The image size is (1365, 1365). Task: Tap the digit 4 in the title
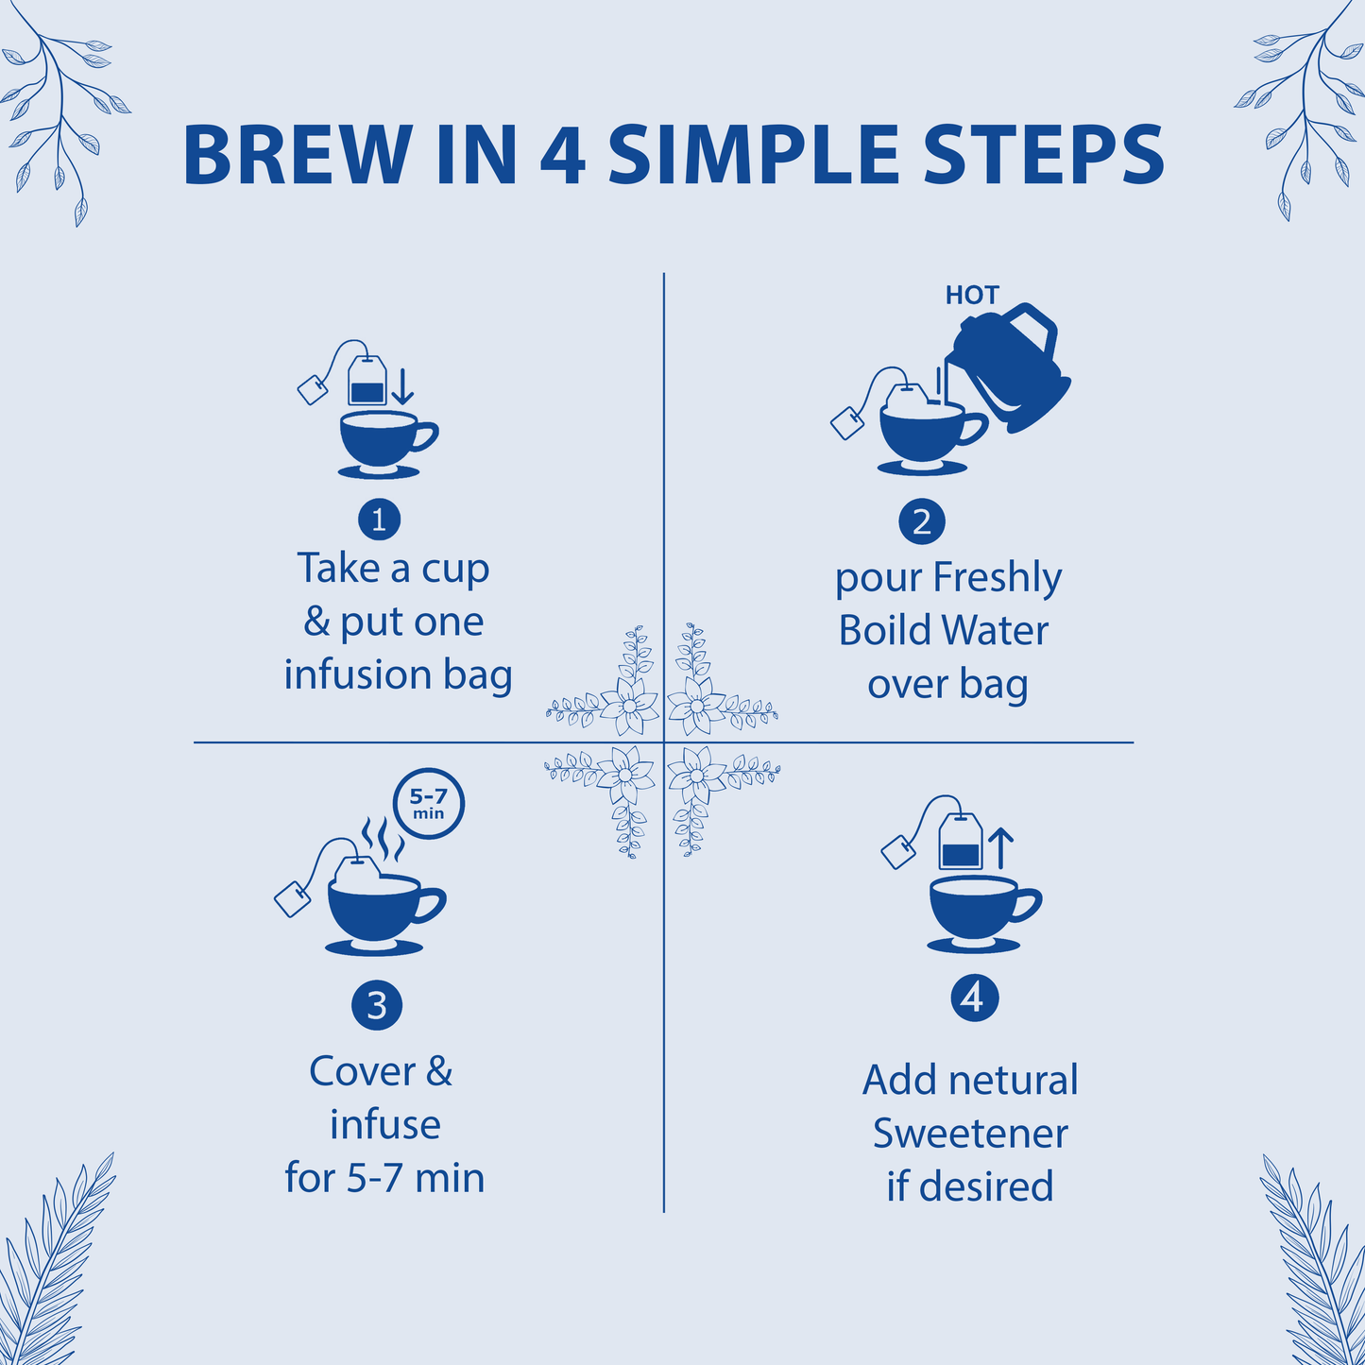(x=563, y=155)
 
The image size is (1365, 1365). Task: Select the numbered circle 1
(x=379, y=520)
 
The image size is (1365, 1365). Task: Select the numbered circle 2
(x=922, y=521)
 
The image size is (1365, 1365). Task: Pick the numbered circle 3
(x=377, y=1005)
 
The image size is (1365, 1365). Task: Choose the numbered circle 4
(x=974, y=998)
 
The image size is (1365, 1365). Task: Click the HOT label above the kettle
(x=972, y=296)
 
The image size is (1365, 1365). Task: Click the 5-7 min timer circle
(x=429, y=804)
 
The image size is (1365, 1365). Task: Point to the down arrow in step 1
(x=402, y=386)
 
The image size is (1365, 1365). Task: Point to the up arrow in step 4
(x=1000, y=847)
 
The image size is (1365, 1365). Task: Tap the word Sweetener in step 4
(x=970, y=1134)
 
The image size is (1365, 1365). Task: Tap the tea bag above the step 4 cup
(x=960, y=844)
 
